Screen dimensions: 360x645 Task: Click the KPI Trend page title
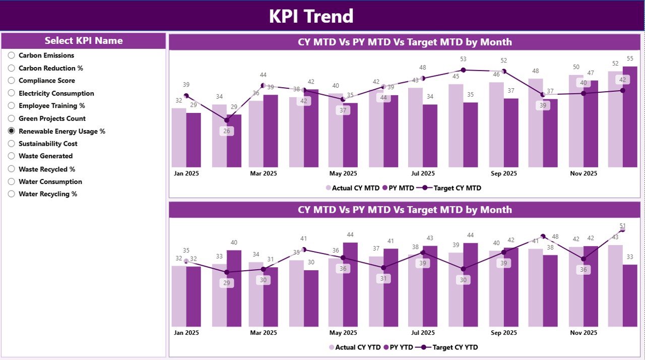pos(311,16)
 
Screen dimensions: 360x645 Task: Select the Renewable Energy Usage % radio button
pos(12,131)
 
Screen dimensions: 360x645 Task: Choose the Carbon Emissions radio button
pos(12,55)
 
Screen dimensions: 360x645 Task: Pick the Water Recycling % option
pos(12,194)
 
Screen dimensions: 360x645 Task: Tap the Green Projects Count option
pos(12,118)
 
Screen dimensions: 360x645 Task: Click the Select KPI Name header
pos(84,41)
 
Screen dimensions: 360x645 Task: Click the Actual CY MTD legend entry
pos(352,188)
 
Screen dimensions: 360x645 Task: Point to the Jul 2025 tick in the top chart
pos(422,173)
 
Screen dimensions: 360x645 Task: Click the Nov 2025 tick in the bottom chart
pos(583,333)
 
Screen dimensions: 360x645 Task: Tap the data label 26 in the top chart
pos(227,131)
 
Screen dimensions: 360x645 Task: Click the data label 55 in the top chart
pos(630,59)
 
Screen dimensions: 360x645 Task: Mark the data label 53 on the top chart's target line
pos(463,59)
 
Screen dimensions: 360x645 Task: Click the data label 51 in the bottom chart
pos(623,226)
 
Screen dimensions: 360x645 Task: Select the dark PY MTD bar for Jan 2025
pos(193,140)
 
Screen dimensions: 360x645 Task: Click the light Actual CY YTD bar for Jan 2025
pos(179,296)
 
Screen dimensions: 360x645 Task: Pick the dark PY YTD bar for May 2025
pos(350,284)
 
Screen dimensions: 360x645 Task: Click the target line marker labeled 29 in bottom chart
pos(227,272)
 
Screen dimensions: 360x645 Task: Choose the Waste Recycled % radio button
pos(12,169)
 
